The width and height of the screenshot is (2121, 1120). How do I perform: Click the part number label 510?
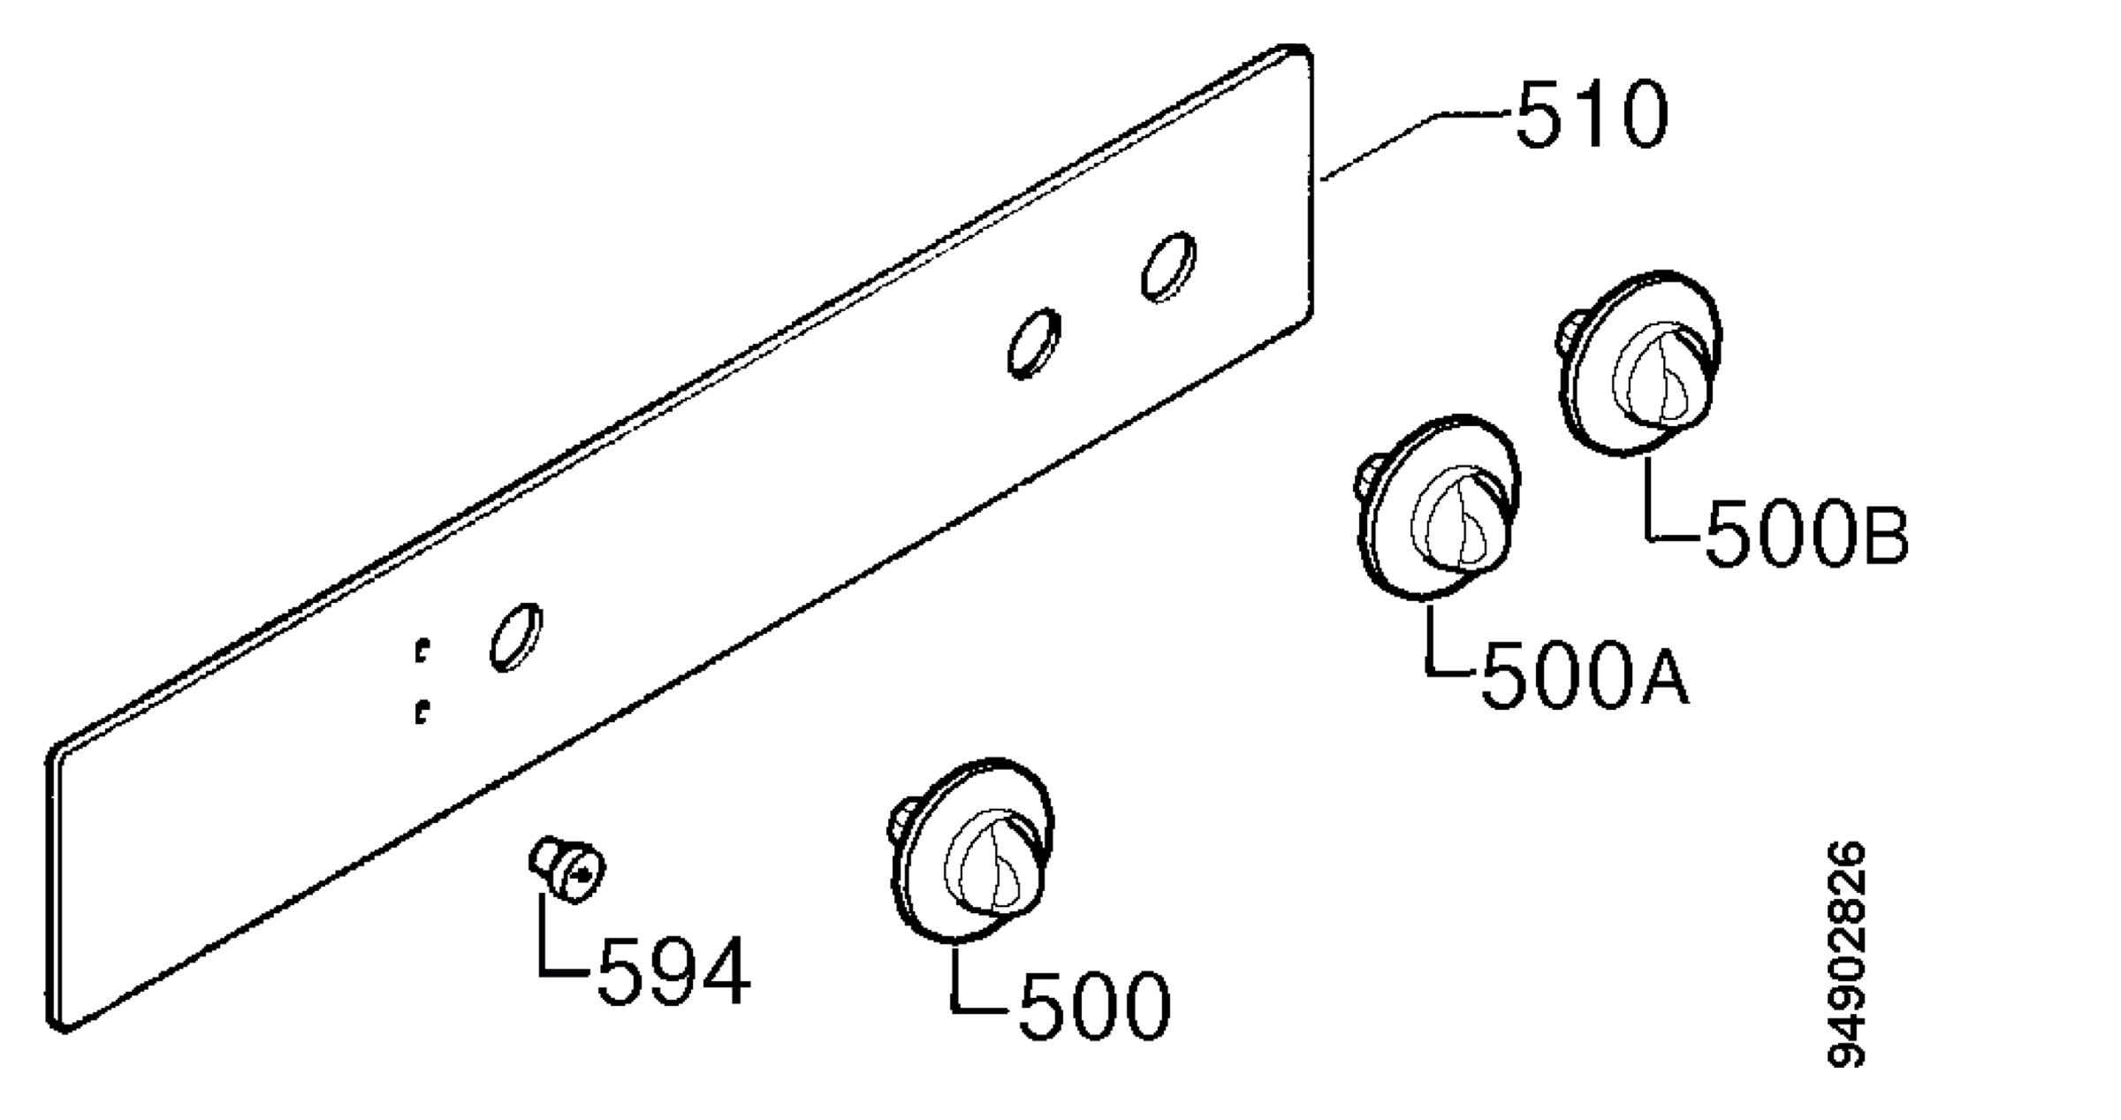(1592, 116)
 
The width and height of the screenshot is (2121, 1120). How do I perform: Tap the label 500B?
(1806, 533)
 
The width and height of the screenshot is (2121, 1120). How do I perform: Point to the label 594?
(674, 972)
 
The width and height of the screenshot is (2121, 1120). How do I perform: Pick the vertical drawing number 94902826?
(1846, 955)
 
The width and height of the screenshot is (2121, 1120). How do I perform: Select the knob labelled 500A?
(1437, 507)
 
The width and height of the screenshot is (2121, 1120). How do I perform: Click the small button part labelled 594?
(568, 870)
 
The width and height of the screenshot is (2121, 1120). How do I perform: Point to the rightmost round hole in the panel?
(1167, 267)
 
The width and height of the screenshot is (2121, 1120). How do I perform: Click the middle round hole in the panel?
(1034, 343)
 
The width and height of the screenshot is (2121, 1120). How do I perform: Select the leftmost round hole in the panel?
(516, 637)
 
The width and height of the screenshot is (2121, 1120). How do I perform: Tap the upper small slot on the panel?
(422, 651)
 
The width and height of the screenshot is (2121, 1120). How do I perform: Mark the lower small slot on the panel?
(422, 712)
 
